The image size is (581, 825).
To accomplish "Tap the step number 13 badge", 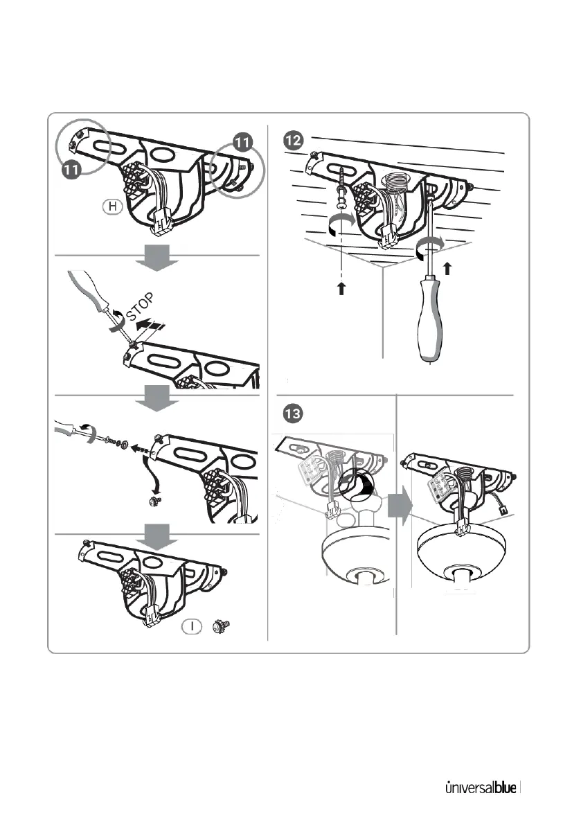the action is coord(293,415).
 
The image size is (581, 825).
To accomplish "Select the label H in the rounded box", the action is coord(111,205).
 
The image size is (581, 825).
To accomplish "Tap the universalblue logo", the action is coord(479,788).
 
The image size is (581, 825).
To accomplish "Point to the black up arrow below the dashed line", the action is coord(341,290).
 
